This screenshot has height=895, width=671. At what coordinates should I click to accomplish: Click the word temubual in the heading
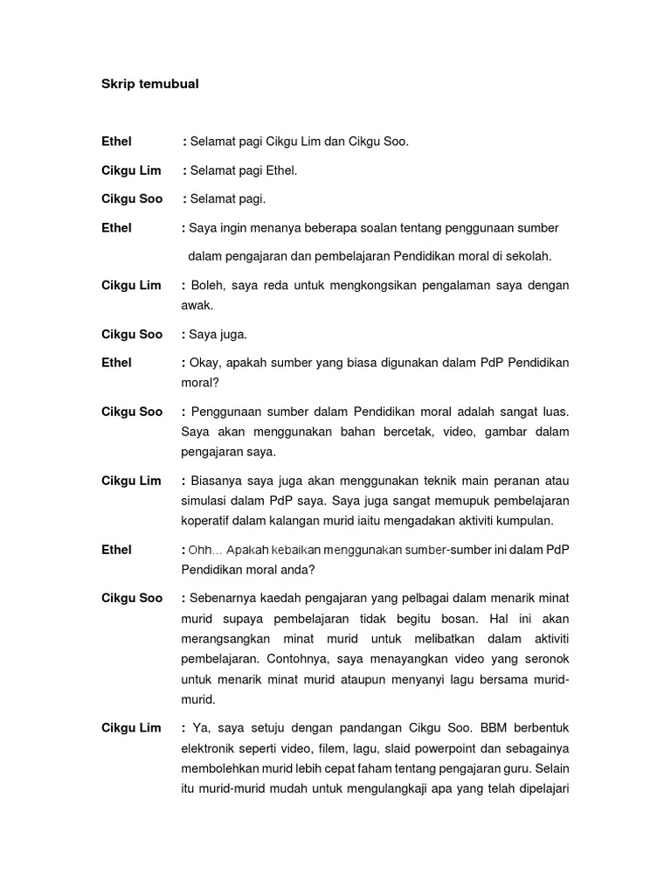pos(169,84)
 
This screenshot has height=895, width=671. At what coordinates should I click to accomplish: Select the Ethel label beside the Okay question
pos(116,363)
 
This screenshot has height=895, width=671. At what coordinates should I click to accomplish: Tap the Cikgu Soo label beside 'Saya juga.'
pos(132,335)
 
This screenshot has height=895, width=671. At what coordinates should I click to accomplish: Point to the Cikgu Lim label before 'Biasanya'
pos(131,481)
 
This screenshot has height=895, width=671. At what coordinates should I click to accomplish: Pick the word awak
pos(197,306)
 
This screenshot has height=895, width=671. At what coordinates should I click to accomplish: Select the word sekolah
pos(530,256)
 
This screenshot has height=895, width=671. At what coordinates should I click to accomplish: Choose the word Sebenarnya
pos(227,599)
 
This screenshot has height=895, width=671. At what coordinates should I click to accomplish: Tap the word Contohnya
pos(316,659)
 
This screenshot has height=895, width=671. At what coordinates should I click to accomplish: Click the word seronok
pos(546,659)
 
